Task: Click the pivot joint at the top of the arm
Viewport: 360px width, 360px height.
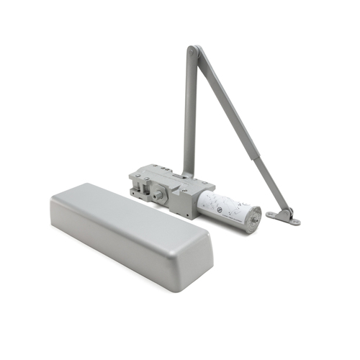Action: coord(193,51)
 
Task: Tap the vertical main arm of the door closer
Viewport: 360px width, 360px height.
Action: coord(189,115)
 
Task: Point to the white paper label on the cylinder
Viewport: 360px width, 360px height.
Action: coord(223,205)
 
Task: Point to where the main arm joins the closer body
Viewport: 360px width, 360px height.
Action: coord(187,173)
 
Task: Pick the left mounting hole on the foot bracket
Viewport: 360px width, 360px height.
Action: coord(271,214)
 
